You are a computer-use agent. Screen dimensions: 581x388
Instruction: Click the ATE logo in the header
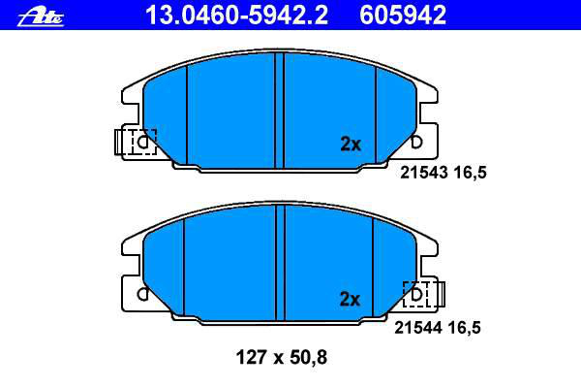pyautogui.click(x=41, y=17)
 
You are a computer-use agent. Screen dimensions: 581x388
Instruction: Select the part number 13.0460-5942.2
pyautogui.click(x=236, y=16)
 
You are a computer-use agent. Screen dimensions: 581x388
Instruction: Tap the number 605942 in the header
pyautogui.click(x=403, y=16)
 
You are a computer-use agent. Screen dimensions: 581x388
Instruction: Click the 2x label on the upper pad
pyautogui.click(x=351, y=145)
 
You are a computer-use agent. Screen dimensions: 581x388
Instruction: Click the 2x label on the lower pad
pyautogui.click(x=350, y=299)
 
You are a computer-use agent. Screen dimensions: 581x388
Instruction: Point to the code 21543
pyautogui.click(x=424, y=173)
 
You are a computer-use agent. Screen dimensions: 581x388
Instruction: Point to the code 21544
pyautogui.click(x=418, y=328)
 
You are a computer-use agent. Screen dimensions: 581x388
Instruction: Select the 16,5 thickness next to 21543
pyautogui.click(x=470, y=173)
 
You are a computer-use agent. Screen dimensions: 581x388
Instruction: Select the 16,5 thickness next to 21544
pyautogui.click(x=464, y=328)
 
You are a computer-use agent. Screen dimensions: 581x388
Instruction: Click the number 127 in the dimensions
pyautogui.click(x=251, y=358)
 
